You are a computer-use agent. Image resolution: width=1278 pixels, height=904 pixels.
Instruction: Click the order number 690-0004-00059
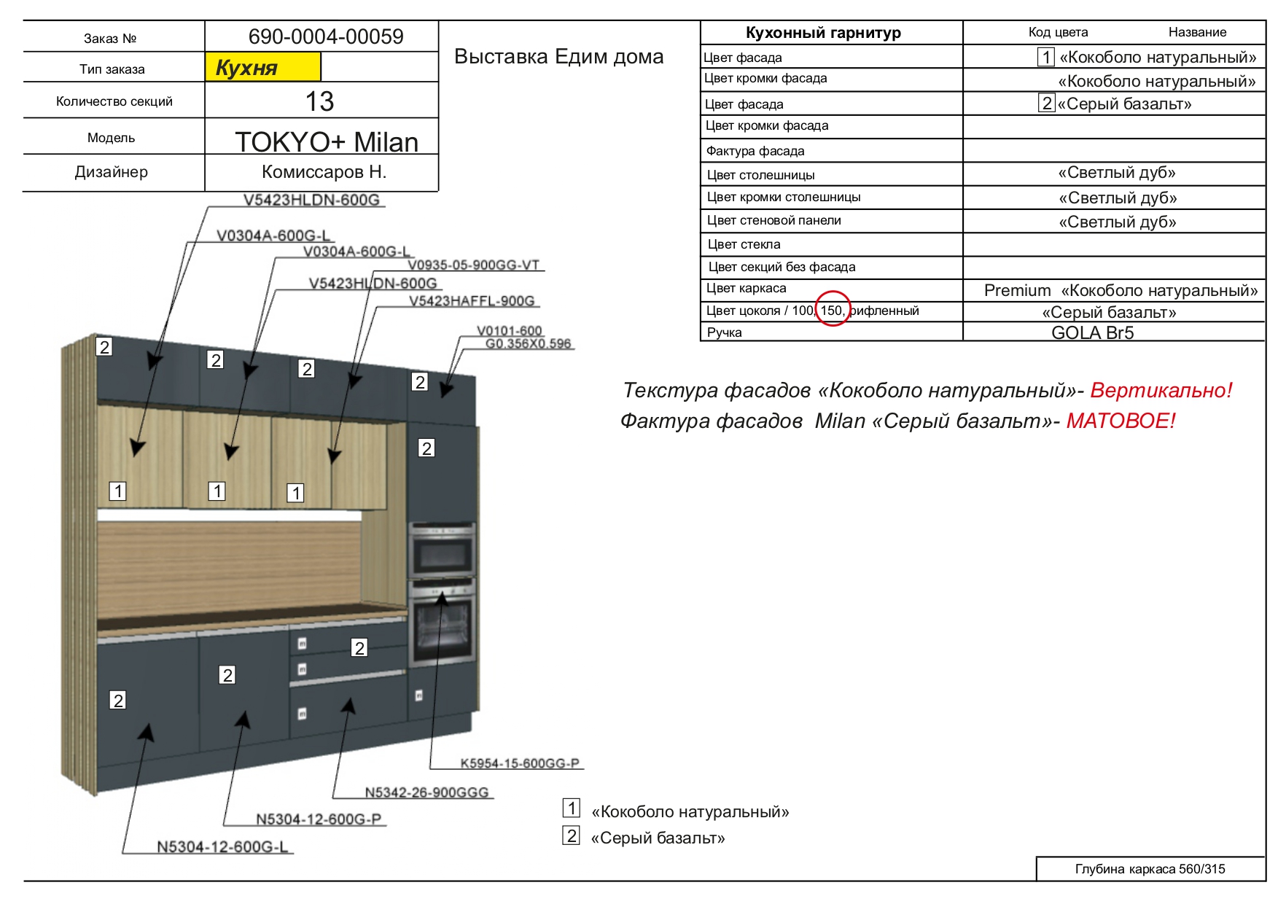click(x=326, y=36)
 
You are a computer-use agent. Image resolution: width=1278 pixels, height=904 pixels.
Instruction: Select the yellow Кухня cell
click(x=263, y=67)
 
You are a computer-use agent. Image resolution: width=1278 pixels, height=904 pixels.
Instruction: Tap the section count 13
click(x=319, y=101)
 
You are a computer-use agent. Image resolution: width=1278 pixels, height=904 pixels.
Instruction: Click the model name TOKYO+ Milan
click(x=327, y=141)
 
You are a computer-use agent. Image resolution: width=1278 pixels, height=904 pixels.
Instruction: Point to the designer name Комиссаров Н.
click(x=324, y=172)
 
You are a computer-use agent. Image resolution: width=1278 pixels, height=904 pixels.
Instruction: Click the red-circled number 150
click(x=832, y=311)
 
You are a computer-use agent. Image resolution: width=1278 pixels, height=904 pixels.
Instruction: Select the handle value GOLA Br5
click(x=1092, y=333)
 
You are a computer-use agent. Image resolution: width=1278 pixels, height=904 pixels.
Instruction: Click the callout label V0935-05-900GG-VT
click(x=474, y=265)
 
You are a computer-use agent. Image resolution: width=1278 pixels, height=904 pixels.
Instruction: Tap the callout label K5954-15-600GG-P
click(x=520, y=763)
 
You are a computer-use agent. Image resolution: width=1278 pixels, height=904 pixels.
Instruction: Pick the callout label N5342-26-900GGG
click(x=426, y=792)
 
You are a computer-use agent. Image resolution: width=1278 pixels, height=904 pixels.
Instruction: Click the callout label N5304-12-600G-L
click(x=222, y=847)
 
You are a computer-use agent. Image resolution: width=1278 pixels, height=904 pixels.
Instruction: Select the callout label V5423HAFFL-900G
click(x=472, y=301)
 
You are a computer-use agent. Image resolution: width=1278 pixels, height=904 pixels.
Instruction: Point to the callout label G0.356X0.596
click(x=529, y=343)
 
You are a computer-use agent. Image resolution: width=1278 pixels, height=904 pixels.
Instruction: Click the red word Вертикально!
click(x=1161, y=390)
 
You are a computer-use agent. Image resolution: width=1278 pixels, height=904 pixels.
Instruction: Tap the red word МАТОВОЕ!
click(x=1121, y=421)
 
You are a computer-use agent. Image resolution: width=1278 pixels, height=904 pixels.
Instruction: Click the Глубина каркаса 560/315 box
click(x=1150, y=869)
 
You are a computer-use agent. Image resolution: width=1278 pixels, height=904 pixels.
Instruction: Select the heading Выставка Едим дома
click(x=558, y=57)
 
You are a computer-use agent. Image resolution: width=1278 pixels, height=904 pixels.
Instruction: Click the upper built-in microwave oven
click(x=443, y=550)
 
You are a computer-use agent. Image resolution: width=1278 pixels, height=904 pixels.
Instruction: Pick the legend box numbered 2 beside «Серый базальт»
click(x=572, y=835)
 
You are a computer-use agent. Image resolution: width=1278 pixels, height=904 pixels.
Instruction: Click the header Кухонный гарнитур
click(x=823, y=33)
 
